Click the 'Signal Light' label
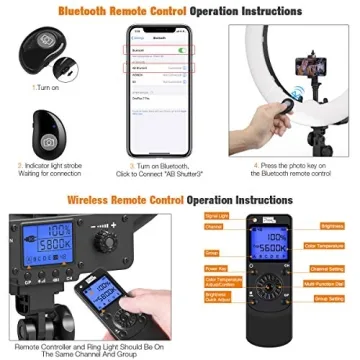point(216,214)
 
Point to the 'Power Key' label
point(216,267)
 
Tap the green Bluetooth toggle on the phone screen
point(179,47)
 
